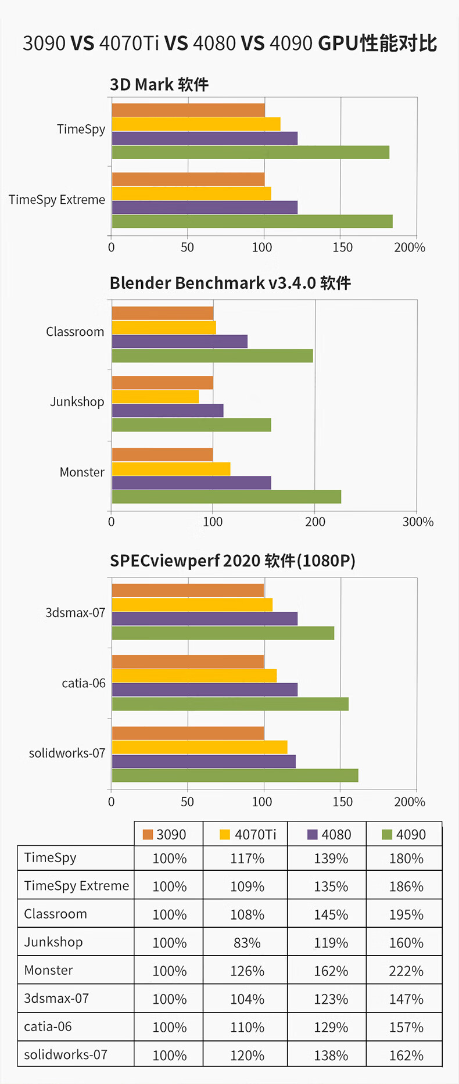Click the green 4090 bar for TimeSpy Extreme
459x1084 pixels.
(x=252, y=221)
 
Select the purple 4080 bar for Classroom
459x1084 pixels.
(x=180, y=342)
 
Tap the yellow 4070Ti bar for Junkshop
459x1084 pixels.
(x=155, y=397)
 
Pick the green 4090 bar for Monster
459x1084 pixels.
(x=227, y=497)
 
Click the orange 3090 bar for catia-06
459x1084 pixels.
(x=188, y=662)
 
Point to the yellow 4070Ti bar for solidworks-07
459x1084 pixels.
(x=199, y=747)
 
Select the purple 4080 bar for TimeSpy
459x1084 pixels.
(x=205, y=138)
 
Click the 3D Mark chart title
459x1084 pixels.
(x=159, y=85)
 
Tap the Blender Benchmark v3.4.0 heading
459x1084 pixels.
(x=230, y=283)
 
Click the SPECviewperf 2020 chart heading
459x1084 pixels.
(x=232, y=561)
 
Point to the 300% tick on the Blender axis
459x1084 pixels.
(x=418, y=522)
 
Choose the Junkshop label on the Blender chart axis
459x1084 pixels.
(x=77, y=401)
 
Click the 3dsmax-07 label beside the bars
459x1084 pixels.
(x=76, y=612)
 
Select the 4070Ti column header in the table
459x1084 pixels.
(x=248, y=834)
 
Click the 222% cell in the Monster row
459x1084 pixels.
(x=406, y=971)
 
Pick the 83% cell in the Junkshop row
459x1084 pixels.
(x=247, y=943)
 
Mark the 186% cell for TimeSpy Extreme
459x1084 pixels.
(x=406, y=886)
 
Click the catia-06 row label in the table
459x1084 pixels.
(x=48, y=1026)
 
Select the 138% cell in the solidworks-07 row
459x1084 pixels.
(x=331, y=1055)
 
